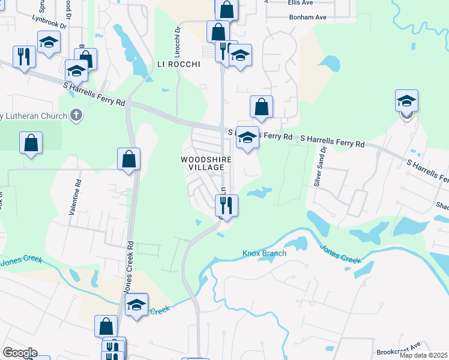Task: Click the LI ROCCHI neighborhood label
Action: tap(178, 65)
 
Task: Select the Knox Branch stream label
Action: tap(264, 253)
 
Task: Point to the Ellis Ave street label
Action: tap(300, 2)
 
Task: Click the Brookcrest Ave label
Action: tap(400, 351)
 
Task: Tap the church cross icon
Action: tap(76, 114)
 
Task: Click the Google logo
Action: tap(20, 353)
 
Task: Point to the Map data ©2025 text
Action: tap(424, 355)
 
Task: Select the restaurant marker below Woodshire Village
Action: tap(227, 206)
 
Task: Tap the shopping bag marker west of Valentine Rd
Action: tap(31, 143)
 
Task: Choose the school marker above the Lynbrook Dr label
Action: tap(49, 42)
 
